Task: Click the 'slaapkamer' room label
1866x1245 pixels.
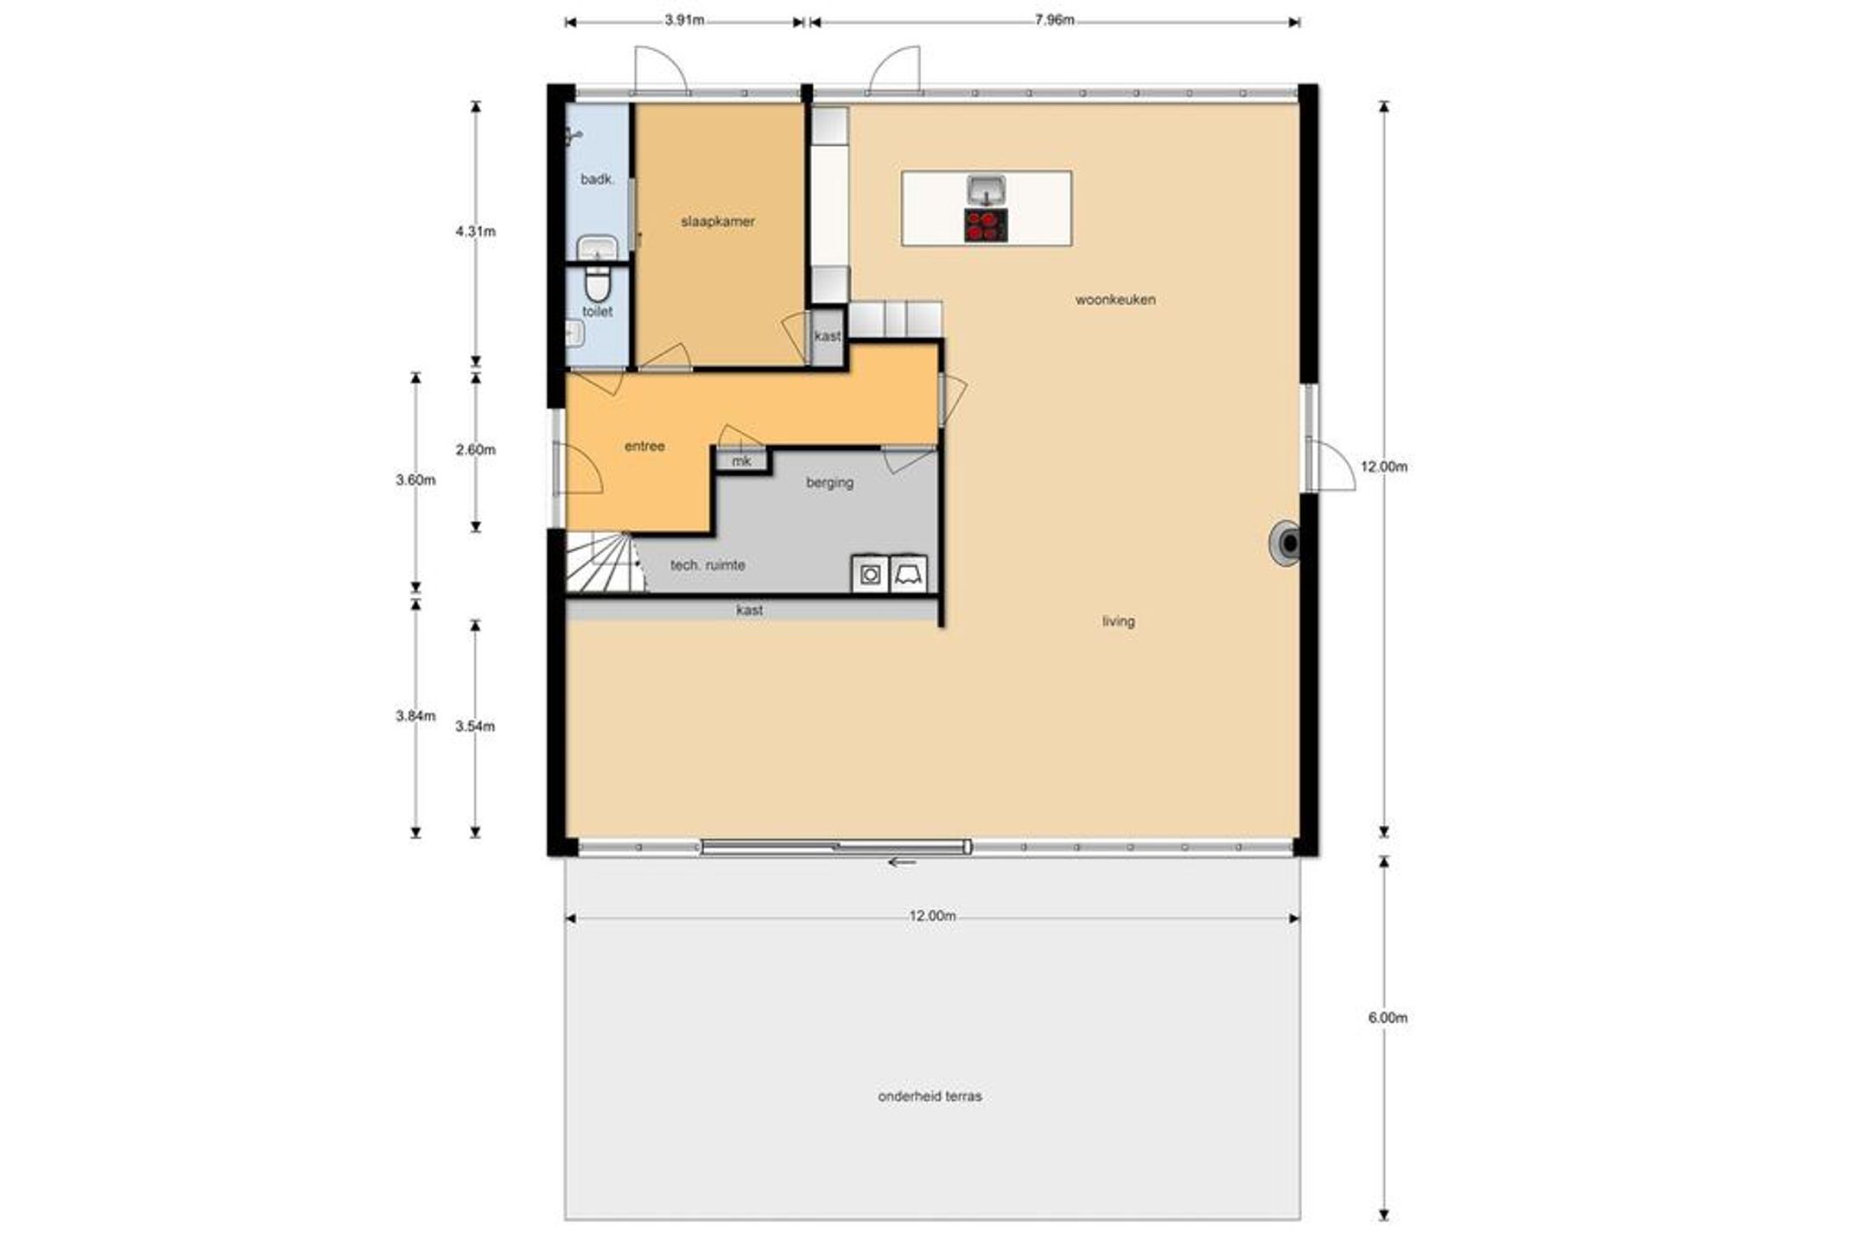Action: (x=717, y=222)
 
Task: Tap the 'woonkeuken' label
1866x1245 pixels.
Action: (x=1115, y=300)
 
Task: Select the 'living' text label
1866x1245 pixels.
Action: (x=1118, y=621)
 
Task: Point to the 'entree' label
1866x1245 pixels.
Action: (x=644, y=447)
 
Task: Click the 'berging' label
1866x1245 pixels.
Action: (x=829, y=483)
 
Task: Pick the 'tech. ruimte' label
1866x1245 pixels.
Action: (x=708, y=565)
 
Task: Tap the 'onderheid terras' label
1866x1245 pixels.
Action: (x=930, y=1096)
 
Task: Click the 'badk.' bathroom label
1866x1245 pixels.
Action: (x=597, y=180)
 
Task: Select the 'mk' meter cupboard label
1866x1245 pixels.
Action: (x=741, y=461)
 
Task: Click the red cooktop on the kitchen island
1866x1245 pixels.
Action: (x=986, y=225)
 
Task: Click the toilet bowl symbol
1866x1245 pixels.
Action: (x=597, y=283)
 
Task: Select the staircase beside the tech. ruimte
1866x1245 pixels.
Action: (x=605, y=562)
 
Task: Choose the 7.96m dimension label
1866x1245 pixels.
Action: (x=1054, y=21)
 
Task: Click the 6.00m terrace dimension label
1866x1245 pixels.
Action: (x=1387, y=1018)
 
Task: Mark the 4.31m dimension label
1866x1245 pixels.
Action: (x=475, y=232)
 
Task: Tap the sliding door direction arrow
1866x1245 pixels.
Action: (x=902, y=861)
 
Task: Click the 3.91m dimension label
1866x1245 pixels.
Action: (x=684, y=21)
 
